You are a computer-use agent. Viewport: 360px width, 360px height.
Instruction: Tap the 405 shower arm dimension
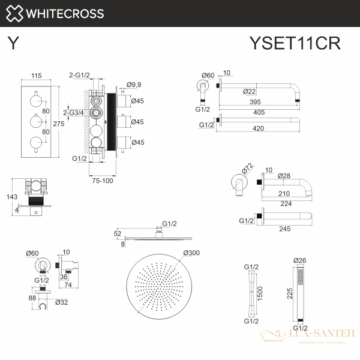coord(259,112)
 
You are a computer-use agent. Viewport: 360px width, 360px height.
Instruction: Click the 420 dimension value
coord(259,128)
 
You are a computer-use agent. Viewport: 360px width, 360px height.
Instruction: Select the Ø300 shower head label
coord(192,252)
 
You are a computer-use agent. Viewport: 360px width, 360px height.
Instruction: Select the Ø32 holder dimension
coord(61,302)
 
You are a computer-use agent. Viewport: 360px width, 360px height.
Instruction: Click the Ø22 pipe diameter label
coord(251,91)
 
